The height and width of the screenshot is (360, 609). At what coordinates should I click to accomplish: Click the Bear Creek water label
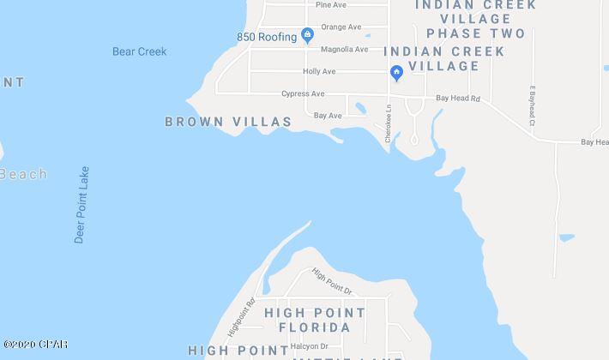coord(139,51)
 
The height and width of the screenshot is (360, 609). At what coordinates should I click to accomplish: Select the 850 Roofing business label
coord(266,36)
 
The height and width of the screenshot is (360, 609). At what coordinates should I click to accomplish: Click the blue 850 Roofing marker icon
coord(307,36)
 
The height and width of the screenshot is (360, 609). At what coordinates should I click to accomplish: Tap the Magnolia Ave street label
coord(346,49)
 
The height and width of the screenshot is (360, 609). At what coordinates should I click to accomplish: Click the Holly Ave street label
coord(319,71)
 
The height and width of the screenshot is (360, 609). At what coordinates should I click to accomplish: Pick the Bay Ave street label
coord(328,115)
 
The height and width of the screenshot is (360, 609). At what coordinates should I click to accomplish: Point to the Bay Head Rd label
coord(457,99)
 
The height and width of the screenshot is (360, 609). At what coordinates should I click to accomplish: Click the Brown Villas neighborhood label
coord(228,123)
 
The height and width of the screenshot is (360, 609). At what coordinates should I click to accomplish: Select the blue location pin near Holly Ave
coord(395,72)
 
